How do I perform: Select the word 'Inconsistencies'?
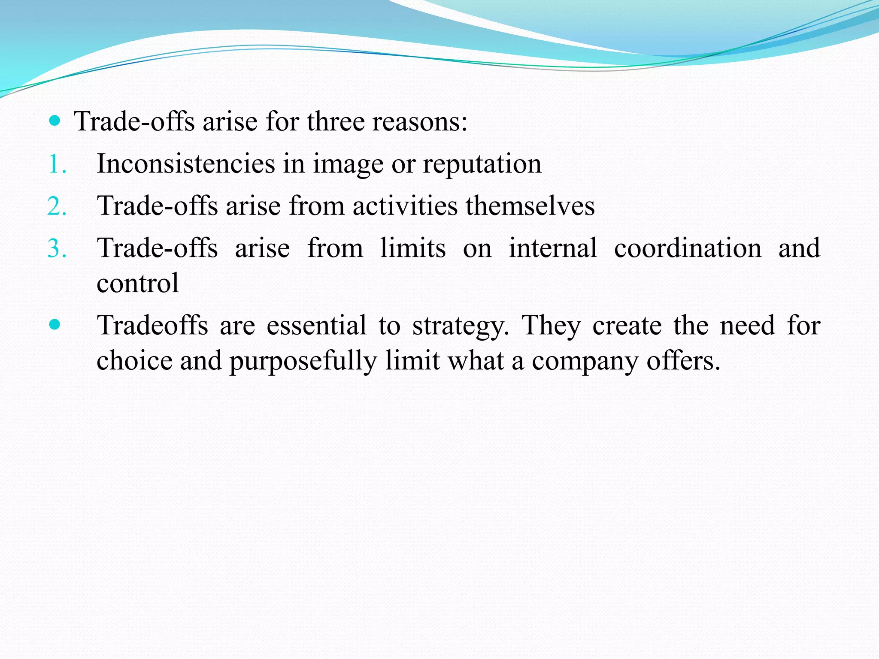click(x=186, y=164)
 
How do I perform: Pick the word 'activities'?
click(x=405, y=206)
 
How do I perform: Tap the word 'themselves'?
click(x=530, y=206)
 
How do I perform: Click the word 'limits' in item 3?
click(x=413, y=248)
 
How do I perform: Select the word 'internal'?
click(x=553, y=248)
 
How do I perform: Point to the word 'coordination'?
click(x=688, y=248)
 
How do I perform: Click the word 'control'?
click(x=138, y=283)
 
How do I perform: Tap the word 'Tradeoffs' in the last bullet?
click(x=152, y=325)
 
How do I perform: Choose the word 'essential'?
click(x=316, y=325)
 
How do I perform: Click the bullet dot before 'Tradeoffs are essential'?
click(x=55, y=324)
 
